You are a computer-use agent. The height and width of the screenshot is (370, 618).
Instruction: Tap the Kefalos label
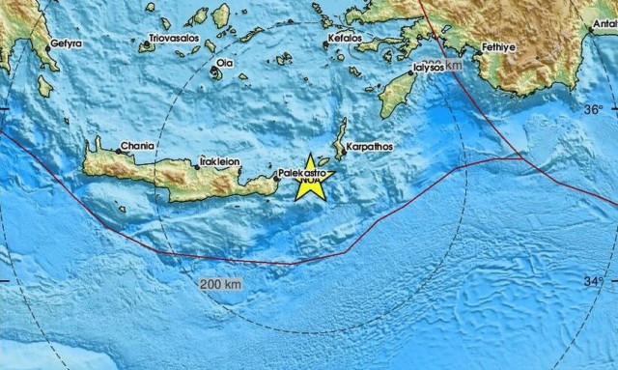344,38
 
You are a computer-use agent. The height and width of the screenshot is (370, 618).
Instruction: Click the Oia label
224,62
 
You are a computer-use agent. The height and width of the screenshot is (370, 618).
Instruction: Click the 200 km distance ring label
220,284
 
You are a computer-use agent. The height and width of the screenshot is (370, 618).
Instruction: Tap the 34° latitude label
596,281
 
